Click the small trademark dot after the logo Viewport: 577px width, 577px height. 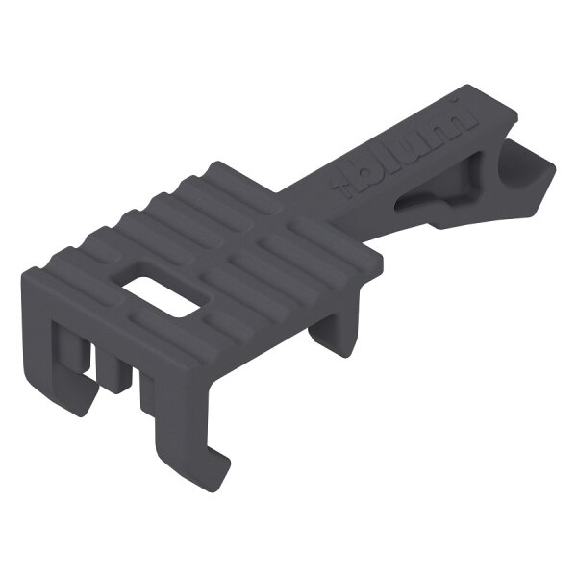pyautogui.click(x=470, y=115)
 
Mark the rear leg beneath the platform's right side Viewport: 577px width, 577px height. pyautogui.click(x=332, y=332)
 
